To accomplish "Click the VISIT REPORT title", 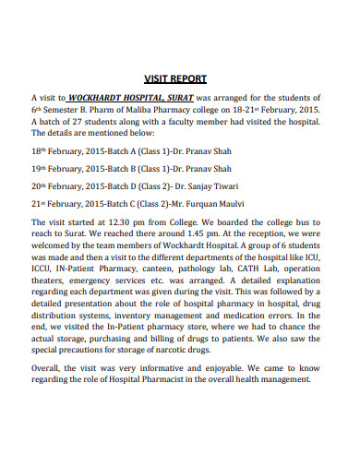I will point(175,78).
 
